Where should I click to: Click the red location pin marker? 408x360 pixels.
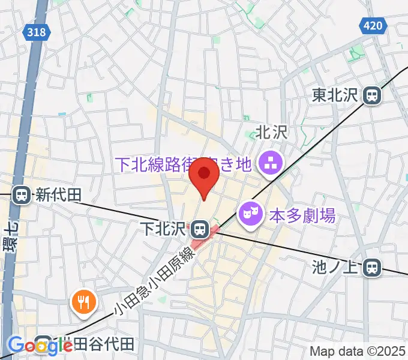[204, 175]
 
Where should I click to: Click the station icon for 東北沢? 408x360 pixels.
[373, 94]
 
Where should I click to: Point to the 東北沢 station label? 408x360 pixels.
[337, 95]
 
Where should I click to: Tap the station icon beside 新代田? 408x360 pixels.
[22, 194]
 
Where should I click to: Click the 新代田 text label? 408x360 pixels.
[58, 194]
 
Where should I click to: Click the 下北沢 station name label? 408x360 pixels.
[172, 229]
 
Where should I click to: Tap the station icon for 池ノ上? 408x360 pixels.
[373, 267]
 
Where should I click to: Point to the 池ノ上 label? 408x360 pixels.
[338, 267]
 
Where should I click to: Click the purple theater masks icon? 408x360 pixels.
[249, 213]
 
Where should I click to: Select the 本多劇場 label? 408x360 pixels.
[302, 214]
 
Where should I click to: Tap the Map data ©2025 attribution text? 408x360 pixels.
[358, 350]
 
